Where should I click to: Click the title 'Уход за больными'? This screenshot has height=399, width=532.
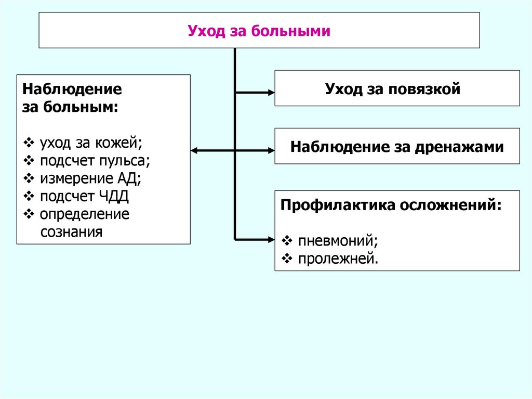pyautogui.click(x=259, y=31)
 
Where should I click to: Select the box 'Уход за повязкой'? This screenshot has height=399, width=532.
pyautogui.click(x=397, y=88)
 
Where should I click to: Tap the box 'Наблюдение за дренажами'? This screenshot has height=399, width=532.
pyautogui.click(x=397, y=146)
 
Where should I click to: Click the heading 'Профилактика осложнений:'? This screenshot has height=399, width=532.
pyautogui.click(x=391, y=204)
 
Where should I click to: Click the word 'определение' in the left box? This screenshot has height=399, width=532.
pyautogui.click(x=84, y=214)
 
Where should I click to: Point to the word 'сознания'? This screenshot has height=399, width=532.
pyautogui.click(x=71, y=231)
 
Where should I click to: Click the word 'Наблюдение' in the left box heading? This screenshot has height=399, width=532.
pyautogui.click(x=72, y=88)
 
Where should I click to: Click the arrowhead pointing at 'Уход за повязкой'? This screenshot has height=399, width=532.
pyautogui.click(x=271, y=93)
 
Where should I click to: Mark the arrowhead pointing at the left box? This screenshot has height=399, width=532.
pyautogui.click(x=194, y=150)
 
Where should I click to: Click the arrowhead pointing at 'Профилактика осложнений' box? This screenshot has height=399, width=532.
pyautogui.click(x=271, y=239)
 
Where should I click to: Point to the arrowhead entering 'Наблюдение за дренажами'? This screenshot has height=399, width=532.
pyautogui.click(x=271, y=150)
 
